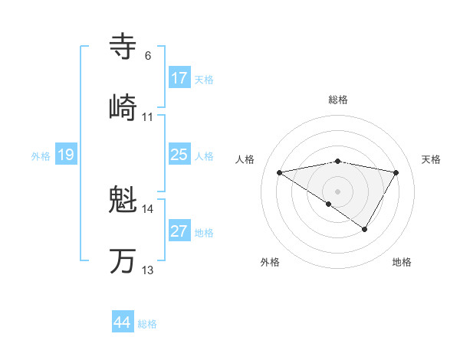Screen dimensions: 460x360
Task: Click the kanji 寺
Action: coord(123,47)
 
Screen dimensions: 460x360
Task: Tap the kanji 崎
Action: coord(123,107)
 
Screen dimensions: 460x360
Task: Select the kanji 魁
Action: coord(123,201)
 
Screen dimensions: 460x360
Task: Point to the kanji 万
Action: coord(123,261)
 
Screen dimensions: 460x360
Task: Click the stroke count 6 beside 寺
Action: coord(148,56)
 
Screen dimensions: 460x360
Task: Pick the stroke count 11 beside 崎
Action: coord(148,117)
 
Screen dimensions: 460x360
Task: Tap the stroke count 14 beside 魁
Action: coord(148,209)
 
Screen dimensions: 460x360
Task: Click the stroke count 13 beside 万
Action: coord(148,270)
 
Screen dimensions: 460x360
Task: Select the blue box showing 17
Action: coord(179,78)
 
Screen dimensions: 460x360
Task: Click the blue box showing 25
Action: coord(179,155)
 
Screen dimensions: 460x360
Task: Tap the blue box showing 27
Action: coord(179,231)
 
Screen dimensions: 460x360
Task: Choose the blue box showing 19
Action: coord(66,155)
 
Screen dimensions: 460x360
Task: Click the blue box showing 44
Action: coord(123,323)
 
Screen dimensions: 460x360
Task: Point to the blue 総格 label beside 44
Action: coord(147,324)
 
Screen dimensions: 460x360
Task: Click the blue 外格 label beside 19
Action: coord(41,155)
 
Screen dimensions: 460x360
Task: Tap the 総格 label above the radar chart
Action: coord(338,100)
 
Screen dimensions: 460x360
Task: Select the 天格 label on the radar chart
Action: coord(432,159)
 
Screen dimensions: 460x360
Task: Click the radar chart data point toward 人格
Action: coord(280,172)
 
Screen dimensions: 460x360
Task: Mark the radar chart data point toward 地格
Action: coord(365,229)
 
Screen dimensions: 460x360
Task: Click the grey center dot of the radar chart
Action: coord(338,191)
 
